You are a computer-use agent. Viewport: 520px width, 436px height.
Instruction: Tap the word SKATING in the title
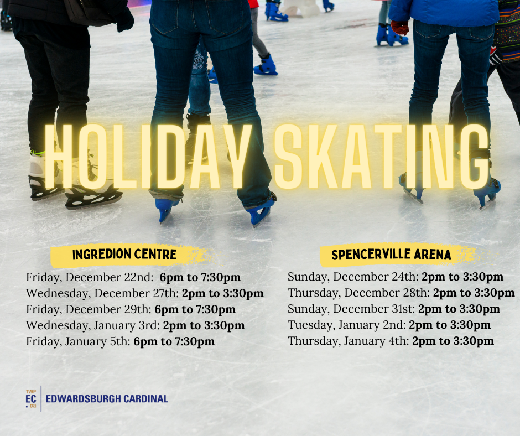382,157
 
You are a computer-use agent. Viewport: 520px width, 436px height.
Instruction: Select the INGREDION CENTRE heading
124,255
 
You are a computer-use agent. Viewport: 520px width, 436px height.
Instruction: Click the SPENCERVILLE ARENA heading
391,255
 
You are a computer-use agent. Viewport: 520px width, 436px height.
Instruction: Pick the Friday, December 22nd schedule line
133,277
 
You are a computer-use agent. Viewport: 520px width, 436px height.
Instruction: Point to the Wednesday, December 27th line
145,293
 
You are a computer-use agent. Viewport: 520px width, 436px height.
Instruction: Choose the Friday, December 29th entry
131,309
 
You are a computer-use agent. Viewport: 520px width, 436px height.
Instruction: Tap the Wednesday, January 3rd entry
136,325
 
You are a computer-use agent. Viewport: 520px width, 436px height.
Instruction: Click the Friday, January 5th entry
121,341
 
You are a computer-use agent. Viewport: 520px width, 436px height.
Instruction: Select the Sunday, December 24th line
396,277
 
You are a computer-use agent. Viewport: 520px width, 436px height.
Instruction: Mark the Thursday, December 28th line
401,293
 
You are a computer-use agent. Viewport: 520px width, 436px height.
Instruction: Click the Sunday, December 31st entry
394,309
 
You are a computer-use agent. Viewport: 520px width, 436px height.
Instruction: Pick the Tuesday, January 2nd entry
389,325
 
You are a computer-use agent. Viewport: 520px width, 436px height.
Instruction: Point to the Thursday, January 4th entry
391,340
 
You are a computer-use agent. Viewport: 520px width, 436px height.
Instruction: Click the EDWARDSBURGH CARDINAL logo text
107,398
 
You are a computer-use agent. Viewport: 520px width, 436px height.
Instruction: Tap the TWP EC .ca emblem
31,398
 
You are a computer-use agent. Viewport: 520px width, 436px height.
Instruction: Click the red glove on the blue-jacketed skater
399,28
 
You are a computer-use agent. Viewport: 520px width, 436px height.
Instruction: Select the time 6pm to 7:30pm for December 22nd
200,277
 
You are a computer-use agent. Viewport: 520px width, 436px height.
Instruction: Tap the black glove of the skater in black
124,20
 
